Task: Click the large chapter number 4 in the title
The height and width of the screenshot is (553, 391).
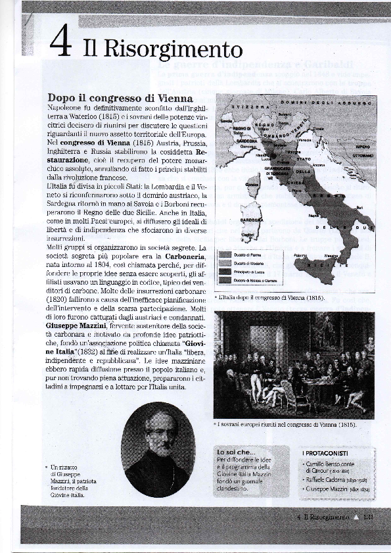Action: [61, 44]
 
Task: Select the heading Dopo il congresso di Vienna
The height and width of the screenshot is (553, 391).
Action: [120, 98]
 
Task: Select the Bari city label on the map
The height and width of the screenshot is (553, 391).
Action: [359, 207]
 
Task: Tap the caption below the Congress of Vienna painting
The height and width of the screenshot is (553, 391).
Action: [287, 425]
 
